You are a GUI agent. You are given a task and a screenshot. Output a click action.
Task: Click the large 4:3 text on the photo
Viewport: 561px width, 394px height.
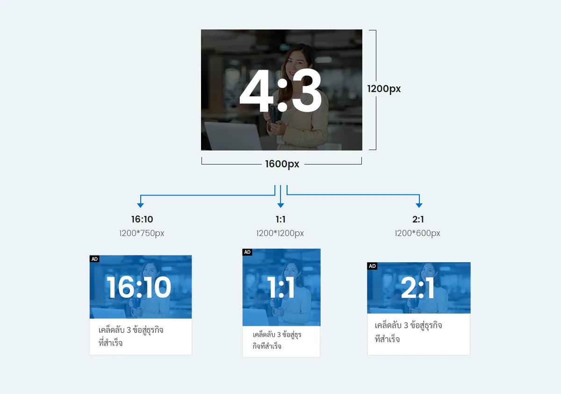(280, 91)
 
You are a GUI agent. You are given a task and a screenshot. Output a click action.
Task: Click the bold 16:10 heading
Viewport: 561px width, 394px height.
(142, 219)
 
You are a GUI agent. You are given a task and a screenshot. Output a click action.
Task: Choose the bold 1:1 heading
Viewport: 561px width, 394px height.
(280, 219)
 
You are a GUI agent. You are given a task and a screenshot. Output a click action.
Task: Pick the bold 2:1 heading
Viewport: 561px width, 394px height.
(418, 219)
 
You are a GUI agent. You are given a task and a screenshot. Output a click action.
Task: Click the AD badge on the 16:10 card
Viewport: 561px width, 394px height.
(95, 259)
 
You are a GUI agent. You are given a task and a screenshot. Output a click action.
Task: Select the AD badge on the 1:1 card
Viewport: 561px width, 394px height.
(247, 252)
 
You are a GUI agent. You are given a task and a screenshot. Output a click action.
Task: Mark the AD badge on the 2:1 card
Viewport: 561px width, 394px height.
(372, 266)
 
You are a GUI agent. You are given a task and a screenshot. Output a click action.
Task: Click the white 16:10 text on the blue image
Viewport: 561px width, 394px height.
(139, 287)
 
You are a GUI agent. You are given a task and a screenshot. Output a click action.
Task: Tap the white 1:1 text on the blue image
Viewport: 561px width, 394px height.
(281, 287)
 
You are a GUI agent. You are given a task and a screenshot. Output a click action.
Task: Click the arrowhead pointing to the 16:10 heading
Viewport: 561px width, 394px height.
(140, 205)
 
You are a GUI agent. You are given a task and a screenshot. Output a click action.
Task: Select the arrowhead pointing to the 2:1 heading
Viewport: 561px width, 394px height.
(419, 205)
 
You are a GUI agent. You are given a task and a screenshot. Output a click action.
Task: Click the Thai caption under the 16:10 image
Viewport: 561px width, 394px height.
(131, 337)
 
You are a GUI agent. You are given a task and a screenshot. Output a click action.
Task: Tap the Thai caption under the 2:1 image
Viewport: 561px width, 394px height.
(408, 332)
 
